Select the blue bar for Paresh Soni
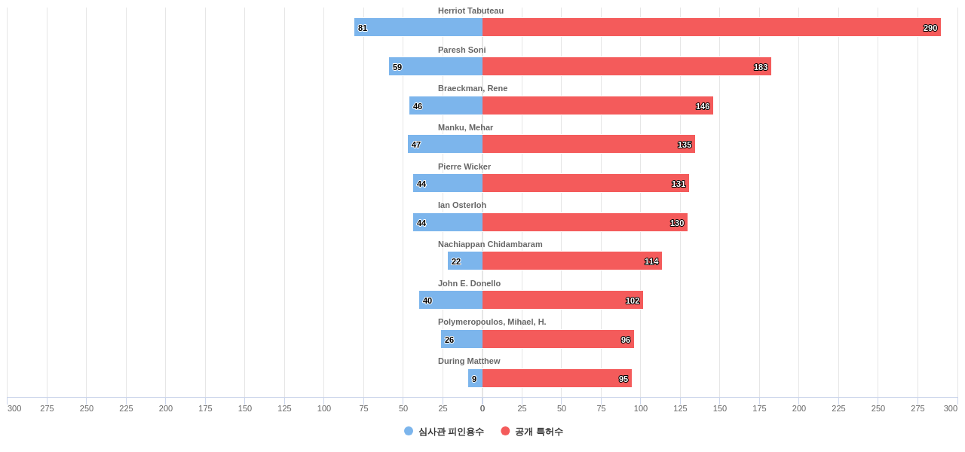point(436,66)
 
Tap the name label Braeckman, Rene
point(473,88)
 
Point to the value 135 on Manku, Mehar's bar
point(685,145)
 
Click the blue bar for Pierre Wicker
point(448,183)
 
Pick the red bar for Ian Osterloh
point(584,222)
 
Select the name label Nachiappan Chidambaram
point(490,244)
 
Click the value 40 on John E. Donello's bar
point(427,301)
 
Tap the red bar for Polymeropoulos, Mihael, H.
point(558,339)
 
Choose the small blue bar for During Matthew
point(476,378)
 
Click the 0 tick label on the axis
point(482,408)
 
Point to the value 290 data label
point(930,28)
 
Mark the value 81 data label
point(363,28)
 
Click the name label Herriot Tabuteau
point(470,11)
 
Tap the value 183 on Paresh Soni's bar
point(761,67)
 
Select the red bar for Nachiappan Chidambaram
point(571,261)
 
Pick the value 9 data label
point(474,379)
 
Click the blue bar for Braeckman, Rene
point(446,105)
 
